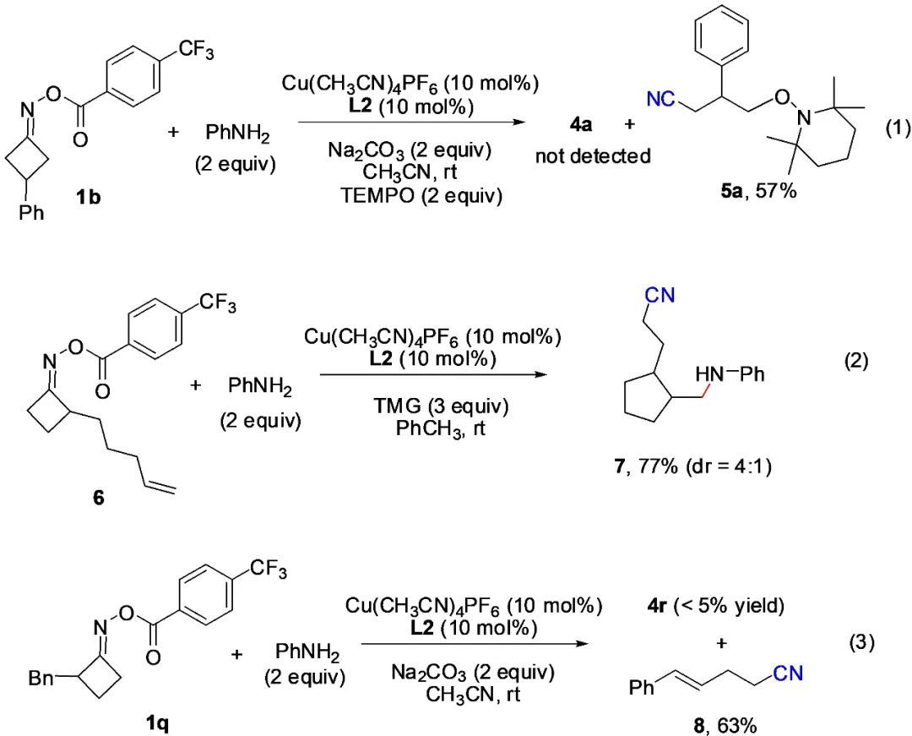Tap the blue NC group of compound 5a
[x=660, y=101]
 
